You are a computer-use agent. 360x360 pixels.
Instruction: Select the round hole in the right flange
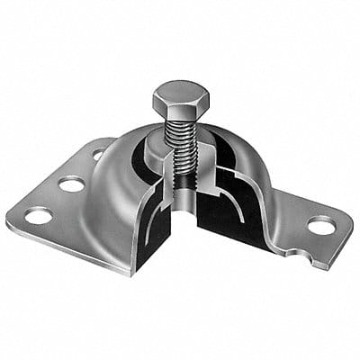320,225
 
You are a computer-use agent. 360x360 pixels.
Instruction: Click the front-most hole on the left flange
38,215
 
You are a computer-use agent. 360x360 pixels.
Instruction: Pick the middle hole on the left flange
71,184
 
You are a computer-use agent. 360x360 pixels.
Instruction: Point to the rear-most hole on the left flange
97,155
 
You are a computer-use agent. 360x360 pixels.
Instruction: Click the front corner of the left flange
11,225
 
